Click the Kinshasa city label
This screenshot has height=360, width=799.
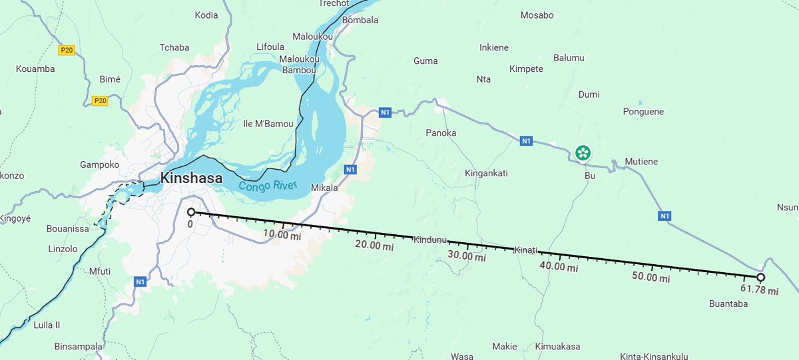tap(191, 178)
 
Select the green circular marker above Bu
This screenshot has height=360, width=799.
tap(583, 153)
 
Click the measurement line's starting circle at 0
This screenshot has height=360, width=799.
tap(191, 212)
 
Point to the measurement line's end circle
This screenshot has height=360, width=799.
tap(760, 277)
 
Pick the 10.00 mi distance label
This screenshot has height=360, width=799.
tap(282, 235)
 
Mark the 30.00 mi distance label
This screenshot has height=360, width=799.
tap(466, 256)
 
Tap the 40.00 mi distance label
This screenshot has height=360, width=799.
tap(559, 266)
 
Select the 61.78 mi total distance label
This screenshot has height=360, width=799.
tap(759, 290)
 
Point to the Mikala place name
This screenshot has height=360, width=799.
tap(324, 188)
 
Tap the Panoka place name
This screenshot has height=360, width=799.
tap(441, 133)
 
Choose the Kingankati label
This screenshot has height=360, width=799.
tap(486, 174)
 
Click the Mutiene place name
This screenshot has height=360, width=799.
tap(641, 162)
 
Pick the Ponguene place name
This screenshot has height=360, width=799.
tap(643, 112)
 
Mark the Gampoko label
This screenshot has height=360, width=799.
tap(99, 164)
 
